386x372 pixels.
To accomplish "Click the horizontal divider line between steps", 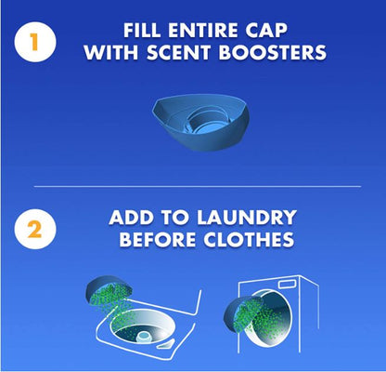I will coord(192,186).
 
